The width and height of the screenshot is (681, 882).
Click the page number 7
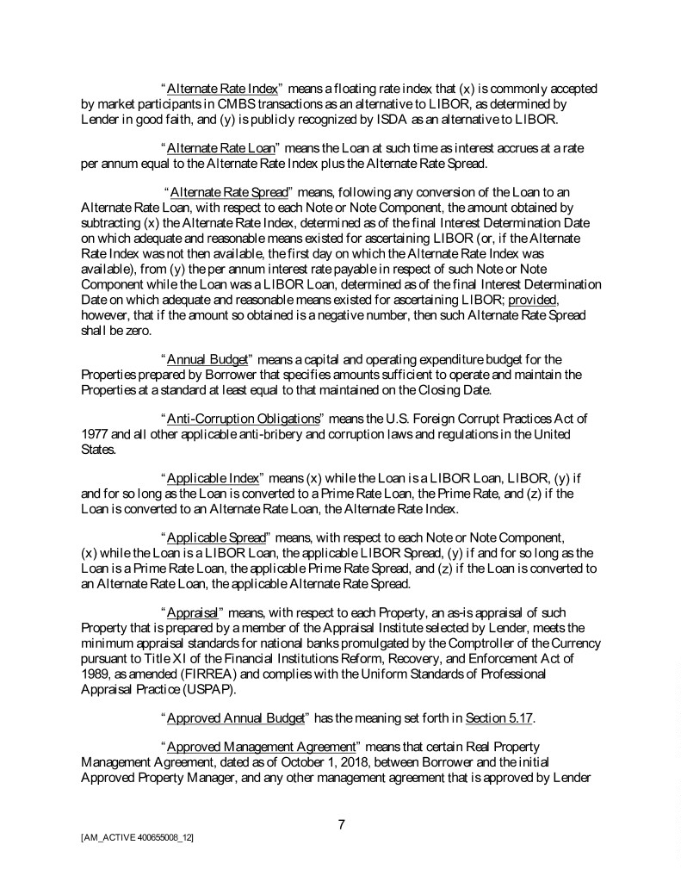pos(341,824)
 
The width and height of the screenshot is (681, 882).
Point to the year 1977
pos(95,433)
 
